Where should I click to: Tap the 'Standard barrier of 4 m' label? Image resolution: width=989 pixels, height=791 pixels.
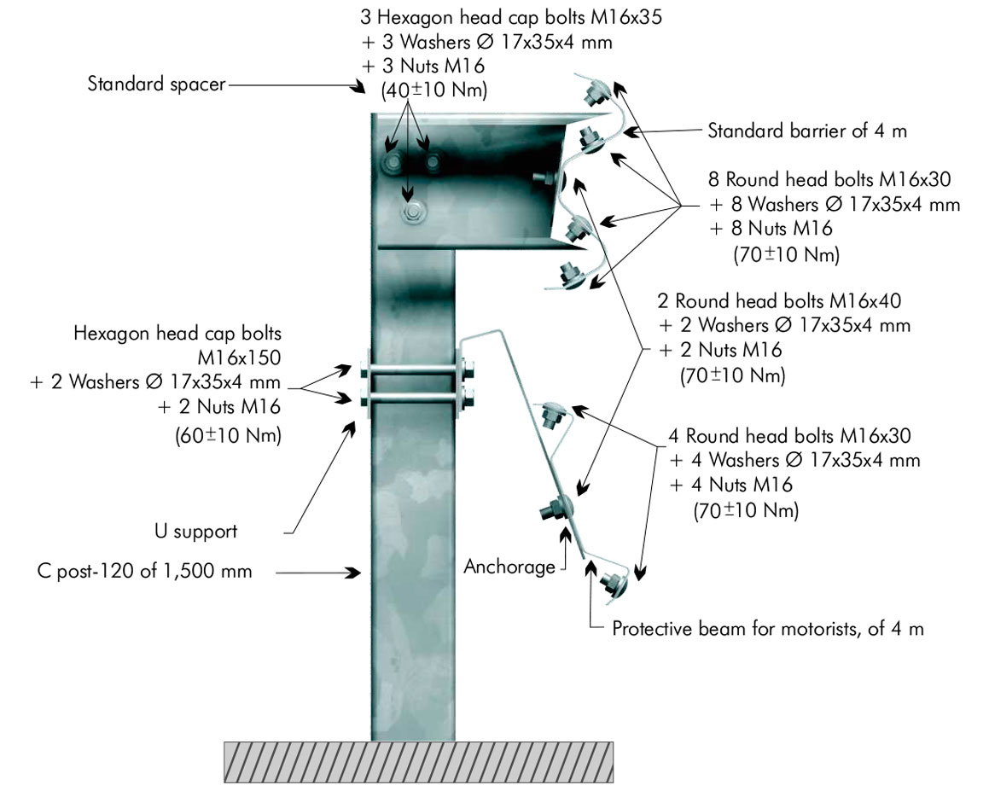pos(807,131)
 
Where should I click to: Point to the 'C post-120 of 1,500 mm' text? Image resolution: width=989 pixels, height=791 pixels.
pos(145,572)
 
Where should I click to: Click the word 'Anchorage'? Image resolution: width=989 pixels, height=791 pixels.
pos(509,567)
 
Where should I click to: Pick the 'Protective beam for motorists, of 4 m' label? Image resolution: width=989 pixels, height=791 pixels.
pos(768,629)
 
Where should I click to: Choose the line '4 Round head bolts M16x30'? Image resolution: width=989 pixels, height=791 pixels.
pos(790,436)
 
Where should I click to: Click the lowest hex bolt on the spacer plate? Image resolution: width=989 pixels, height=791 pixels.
pos(414,210)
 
